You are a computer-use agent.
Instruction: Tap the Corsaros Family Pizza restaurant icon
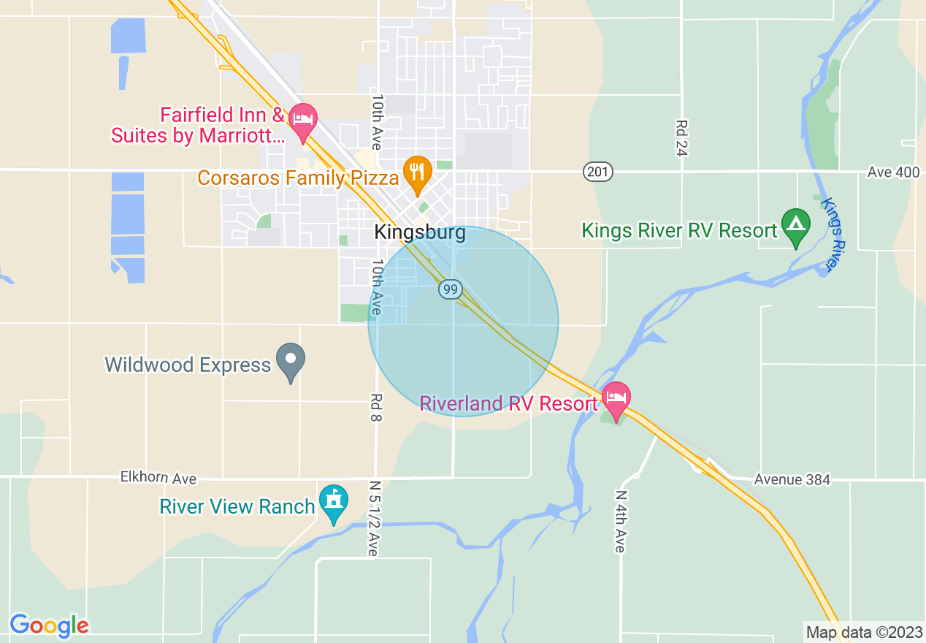417,173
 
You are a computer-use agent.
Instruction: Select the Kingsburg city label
420,232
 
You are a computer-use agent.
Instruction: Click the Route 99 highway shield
450,290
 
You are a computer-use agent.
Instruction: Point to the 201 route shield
598,172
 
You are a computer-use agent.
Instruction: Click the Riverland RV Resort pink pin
616,399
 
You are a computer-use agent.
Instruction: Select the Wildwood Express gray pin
291,360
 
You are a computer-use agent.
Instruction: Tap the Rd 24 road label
683,138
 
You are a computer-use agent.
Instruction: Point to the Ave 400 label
894,172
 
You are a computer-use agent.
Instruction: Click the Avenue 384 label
792,480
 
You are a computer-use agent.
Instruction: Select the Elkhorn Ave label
158,479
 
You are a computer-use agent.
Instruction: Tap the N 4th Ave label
620,520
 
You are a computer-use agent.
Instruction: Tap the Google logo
50,625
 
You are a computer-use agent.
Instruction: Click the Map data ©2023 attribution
863,632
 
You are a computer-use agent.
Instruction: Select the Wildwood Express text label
188,365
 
